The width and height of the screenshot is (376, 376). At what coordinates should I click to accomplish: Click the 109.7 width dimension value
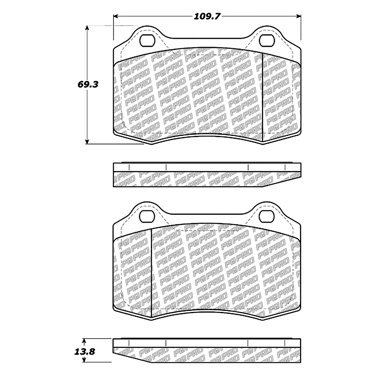pos(207,16)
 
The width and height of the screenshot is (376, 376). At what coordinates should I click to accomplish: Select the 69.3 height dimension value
pos(88,84)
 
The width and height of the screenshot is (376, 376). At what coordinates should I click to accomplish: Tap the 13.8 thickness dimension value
pos(84,352)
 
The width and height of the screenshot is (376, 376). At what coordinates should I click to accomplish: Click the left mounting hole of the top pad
pos(147,40)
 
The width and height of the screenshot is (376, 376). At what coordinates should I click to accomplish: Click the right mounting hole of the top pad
pos(267,40)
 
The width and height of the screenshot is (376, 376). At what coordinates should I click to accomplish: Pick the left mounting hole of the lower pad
pos(147,216)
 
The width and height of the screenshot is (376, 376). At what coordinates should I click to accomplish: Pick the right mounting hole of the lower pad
pos(267,216)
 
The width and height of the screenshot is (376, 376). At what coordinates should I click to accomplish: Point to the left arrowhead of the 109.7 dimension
pos(116,16)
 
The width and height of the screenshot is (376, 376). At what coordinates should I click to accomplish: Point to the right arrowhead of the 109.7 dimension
pos(298,16)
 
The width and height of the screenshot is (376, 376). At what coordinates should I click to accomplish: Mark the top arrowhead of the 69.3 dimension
pos(87,28)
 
